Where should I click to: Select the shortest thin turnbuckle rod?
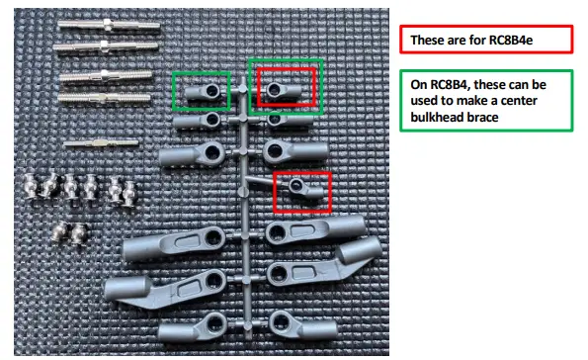(x=102, y=143)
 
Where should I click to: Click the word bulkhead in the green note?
(x=442, y=119)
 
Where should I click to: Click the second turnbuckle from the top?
(x=102, y=47)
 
